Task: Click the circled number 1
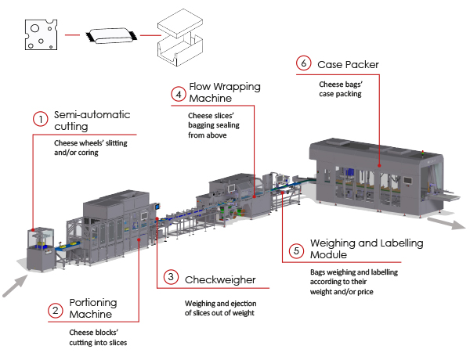(39, 120)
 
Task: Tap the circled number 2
(55, 311)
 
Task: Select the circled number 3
(171, 279)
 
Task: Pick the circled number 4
(180, 93)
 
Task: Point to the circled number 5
(295, 250)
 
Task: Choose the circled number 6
(302, 63)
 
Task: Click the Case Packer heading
(349, 63)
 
